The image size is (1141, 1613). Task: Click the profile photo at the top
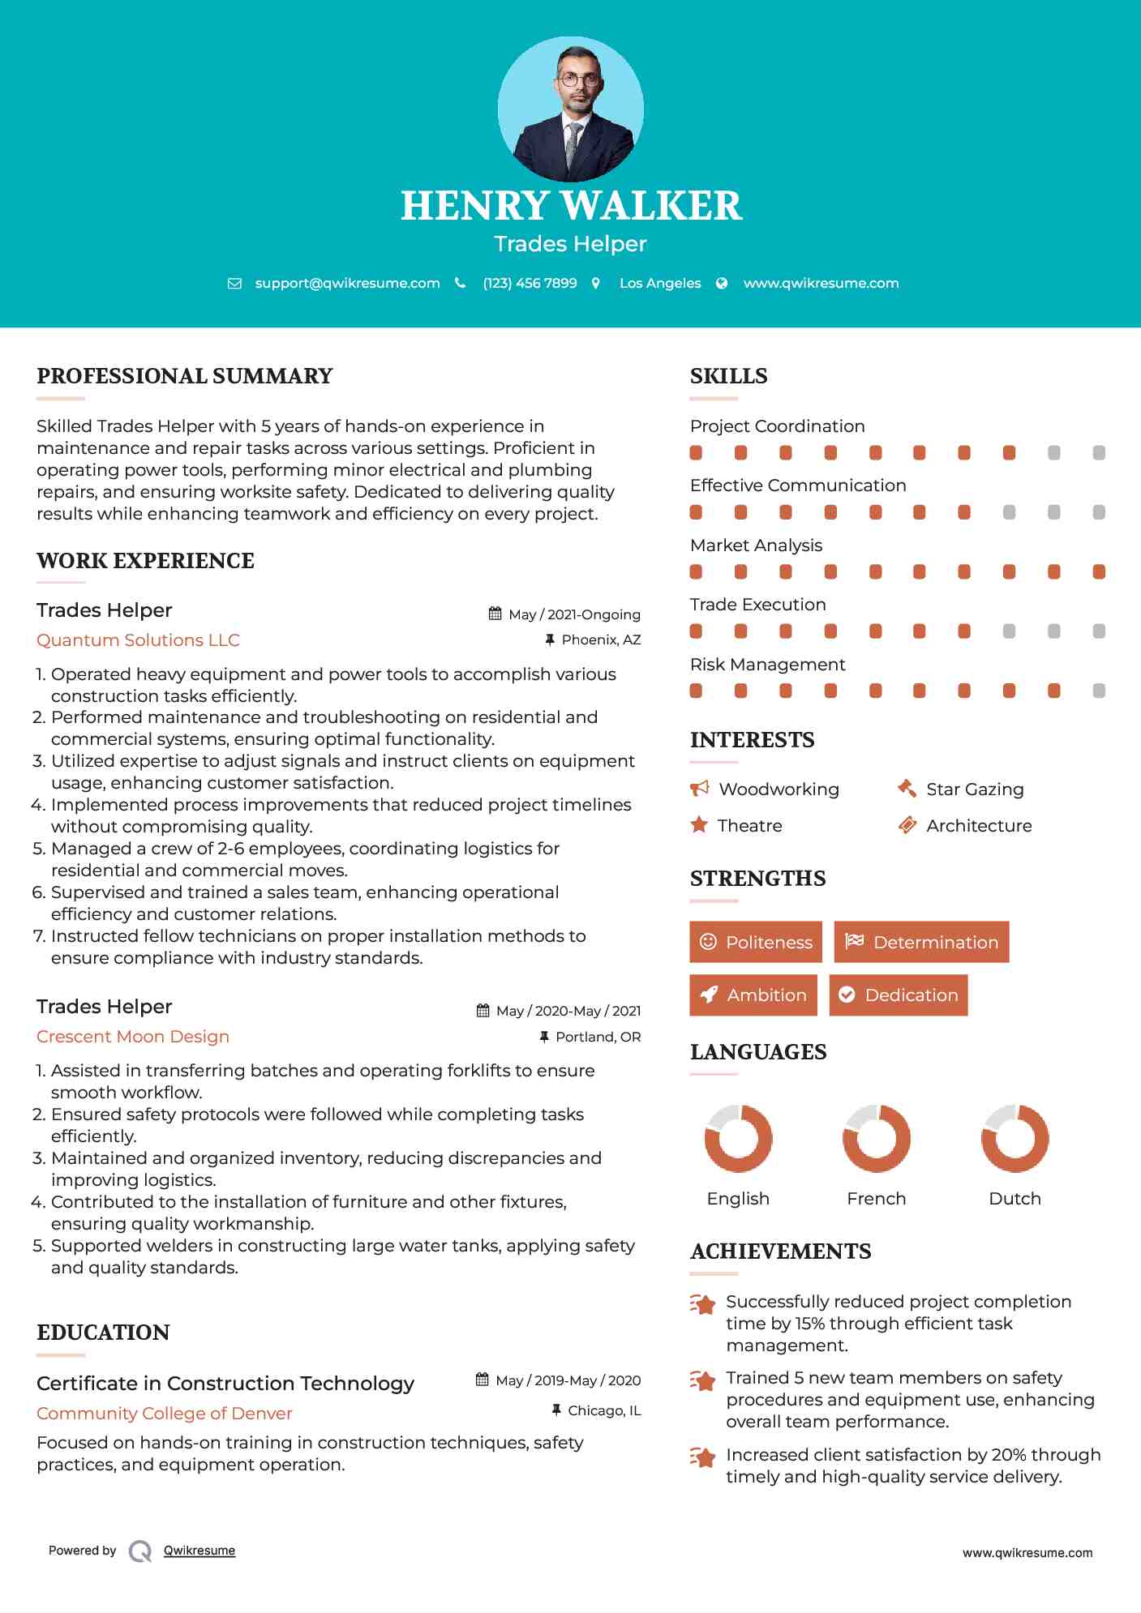pos(570,109)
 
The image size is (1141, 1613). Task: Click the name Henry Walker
pos(571,206)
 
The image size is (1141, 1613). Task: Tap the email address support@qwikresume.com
pos(347,284)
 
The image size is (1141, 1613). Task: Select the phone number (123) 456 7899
pos(530,284)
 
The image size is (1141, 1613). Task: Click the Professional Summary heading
pos(185,376)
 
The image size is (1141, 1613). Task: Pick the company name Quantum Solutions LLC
pos(138,640)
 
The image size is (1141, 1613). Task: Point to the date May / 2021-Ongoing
pos(574,614)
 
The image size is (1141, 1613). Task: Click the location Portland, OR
pos(598,1037)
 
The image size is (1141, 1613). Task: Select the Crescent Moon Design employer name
pos(133,1037)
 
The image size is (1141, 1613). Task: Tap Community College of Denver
pos(164,1414)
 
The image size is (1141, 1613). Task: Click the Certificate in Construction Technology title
pos(225,1384)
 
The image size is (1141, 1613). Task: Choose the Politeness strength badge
pos(756,942)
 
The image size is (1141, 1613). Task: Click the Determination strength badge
pos(921,942)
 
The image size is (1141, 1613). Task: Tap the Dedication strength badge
pos(899,995)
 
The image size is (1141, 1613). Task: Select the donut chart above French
pos(877,1138)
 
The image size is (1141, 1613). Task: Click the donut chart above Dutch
pos(1014,1138)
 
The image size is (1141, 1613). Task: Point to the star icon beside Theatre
pos(699,825)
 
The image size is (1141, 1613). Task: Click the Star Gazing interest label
pos(975,789)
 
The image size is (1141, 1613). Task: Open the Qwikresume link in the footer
pos(199,1551)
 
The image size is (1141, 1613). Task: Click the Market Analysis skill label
pos(756,546)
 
